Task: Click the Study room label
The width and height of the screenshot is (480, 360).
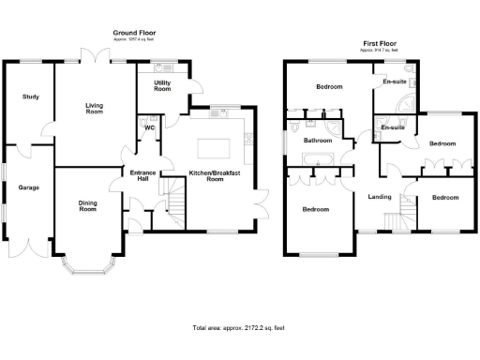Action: (x=31, y=97)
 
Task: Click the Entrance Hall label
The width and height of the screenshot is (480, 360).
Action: (x=142, y=175)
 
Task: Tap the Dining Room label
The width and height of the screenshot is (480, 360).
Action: (x=87, y=206)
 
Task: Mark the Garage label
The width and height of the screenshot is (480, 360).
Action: (x=29, y=187)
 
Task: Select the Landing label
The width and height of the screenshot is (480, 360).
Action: (x=380, y=197)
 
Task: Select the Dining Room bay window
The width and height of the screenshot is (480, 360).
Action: (x=87, y=267)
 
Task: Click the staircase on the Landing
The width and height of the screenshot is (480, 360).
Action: (x=406, y=212)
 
